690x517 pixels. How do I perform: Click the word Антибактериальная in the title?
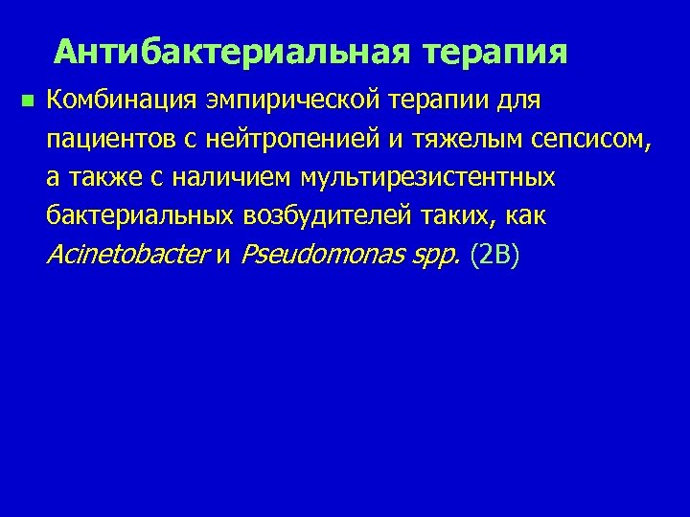coord(234,51)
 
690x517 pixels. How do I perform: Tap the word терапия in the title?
coord(495,51)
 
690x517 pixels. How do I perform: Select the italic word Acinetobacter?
coord(127,256)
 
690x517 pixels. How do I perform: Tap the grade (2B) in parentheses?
coord(495,256)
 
